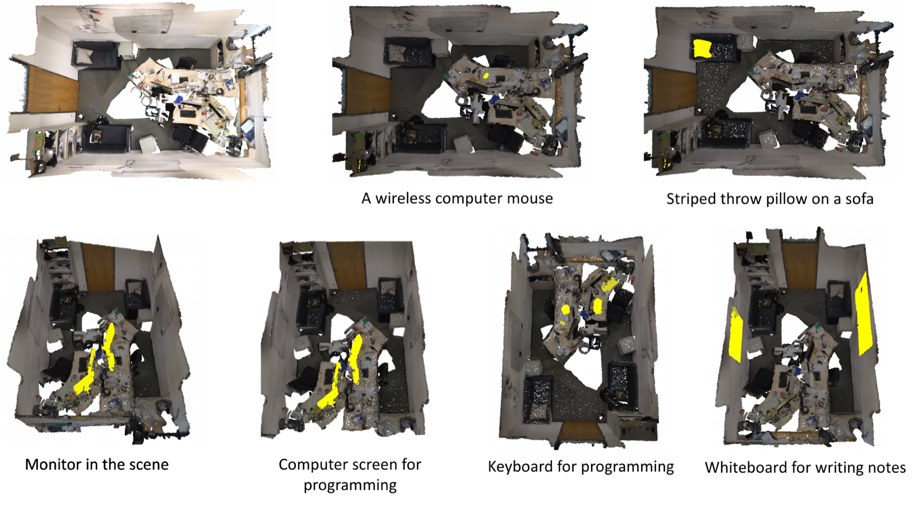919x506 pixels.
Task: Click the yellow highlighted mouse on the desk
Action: click(486, 75)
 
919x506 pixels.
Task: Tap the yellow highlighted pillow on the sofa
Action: click(702, 49)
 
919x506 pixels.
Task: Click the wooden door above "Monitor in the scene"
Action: click(99, 267)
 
